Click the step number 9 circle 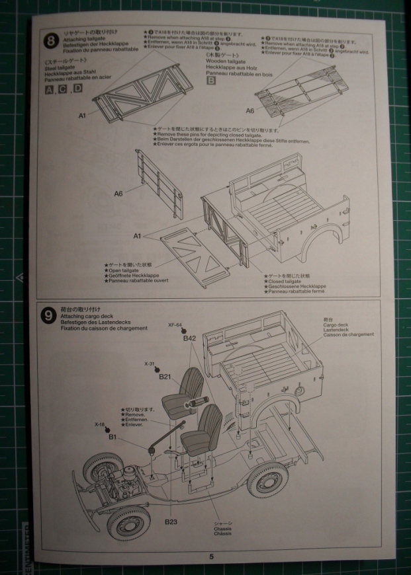click(48, 316)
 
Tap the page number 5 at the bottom click(211, 557)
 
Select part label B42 click(190, 338)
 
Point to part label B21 click(165, 376)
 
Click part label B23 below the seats click(171, 522)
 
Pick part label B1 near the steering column click(113, 437)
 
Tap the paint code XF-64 click(175, 325)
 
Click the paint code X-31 click(150, 364)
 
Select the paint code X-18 click(100, 424)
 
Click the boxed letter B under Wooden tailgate click(211, 81)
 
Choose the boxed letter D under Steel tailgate click(77, 89)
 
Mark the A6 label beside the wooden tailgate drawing click(250, 110)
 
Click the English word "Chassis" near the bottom click(222, 529)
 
